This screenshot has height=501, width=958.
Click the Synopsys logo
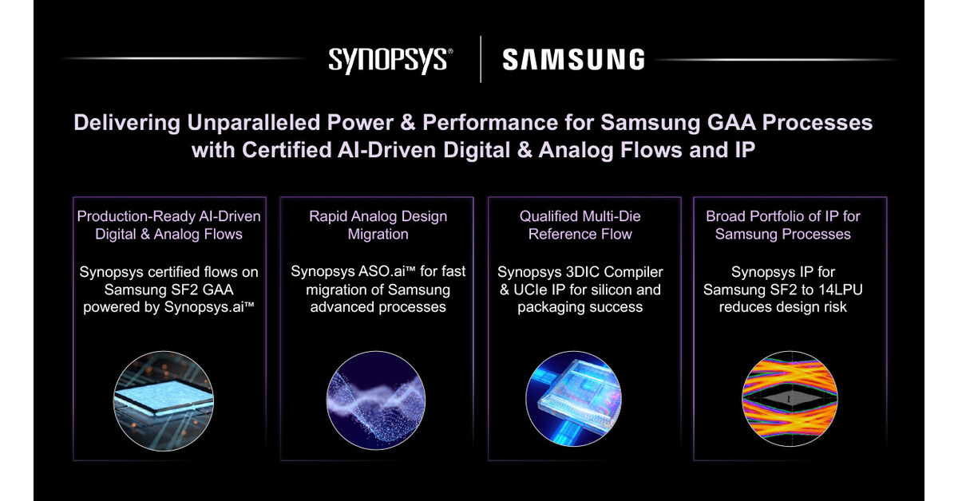point(390,61)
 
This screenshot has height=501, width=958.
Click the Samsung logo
point(572,60)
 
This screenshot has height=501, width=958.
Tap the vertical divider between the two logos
point(481,60)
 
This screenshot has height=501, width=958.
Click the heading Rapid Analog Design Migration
point(378,225)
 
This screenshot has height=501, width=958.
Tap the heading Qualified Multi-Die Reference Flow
point(580,225)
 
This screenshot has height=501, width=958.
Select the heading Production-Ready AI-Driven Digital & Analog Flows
point(168,225)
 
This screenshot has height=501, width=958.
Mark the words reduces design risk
point(783,307)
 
